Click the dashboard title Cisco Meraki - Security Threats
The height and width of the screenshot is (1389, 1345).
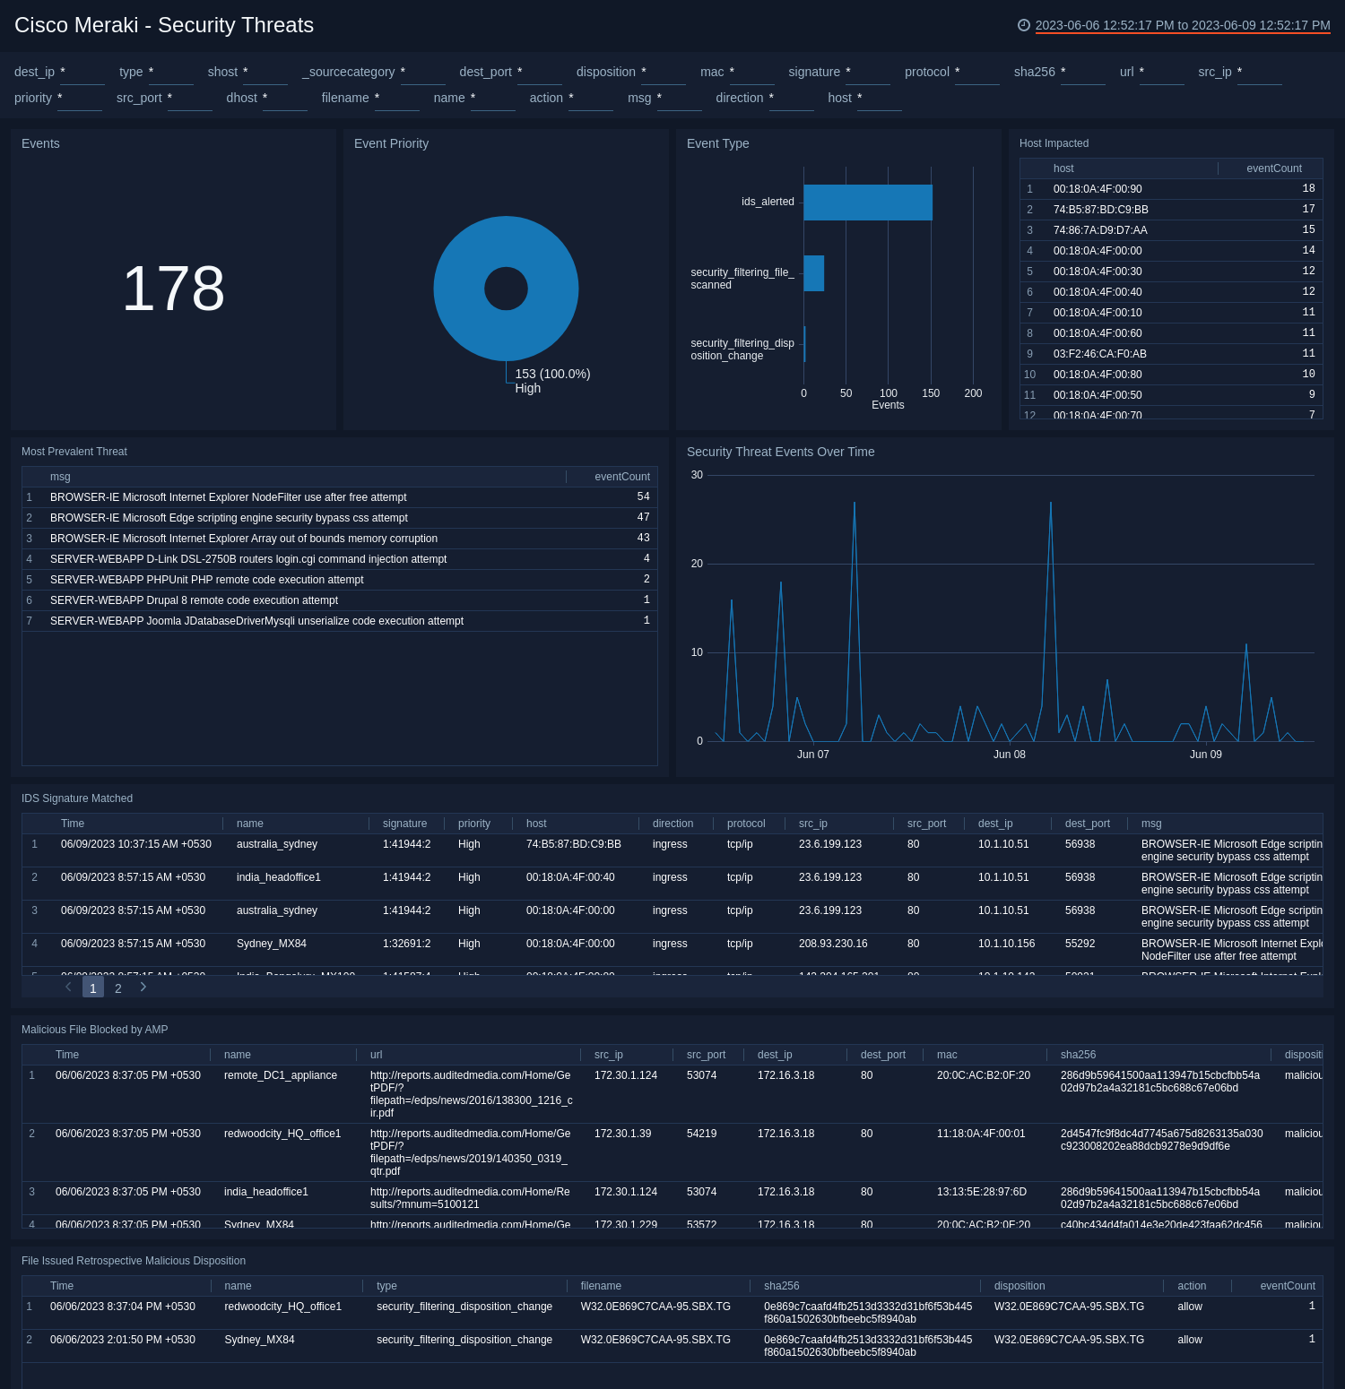coord(164,25)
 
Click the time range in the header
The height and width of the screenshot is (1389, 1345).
coord(1182,25)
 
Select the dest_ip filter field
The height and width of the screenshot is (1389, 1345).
coord(82,73)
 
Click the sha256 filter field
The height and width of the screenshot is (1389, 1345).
coord(1082,73)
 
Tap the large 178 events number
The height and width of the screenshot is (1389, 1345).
coord(173,289)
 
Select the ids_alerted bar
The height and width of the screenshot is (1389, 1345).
coord(867,203)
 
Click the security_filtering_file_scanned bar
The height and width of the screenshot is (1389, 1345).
coord(813,273)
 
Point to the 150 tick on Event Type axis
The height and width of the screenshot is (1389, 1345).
coord(931,393)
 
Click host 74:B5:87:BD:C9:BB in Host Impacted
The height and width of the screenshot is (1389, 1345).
coord(1100,210)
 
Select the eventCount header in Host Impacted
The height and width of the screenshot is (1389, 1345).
coord(1273,168)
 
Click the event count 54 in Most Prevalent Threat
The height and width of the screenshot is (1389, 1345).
coord(643,496)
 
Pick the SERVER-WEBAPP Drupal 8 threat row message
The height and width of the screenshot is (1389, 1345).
coord(194,600)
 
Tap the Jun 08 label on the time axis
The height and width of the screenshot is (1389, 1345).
coord(1009,755)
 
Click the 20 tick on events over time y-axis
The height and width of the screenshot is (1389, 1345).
coord(697,564)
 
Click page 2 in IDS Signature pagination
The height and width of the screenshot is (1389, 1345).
coord(118,988)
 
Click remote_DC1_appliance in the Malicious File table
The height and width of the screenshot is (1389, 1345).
coord(280,1075)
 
